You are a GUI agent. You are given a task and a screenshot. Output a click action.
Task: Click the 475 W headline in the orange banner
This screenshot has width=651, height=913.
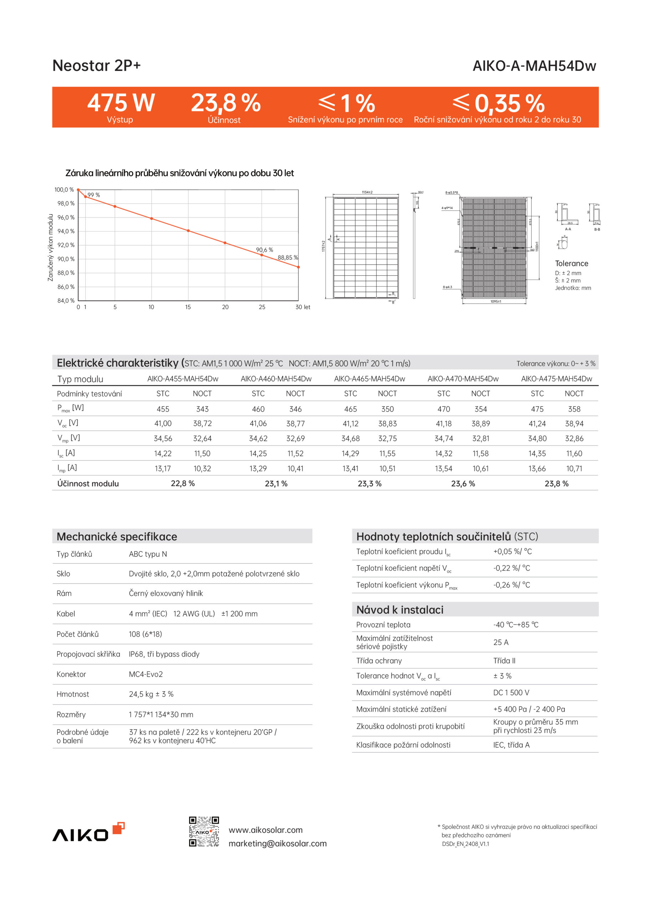click(x=121, y=103)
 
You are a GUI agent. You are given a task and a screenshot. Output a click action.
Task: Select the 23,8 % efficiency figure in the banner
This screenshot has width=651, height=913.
click(x=226, y=103)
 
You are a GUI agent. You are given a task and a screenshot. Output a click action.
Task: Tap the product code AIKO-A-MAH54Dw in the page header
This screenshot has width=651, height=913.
click(x=534, y=66)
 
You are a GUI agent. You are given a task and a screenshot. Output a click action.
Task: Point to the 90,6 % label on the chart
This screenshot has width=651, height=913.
click(x=265, y=250)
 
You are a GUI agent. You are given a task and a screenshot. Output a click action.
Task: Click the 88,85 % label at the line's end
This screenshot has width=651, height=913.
click(x=288, y=257)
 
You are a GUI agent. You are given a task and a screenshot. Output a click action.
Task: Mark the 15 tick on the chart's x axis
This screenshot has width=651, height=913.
click(x=188, y=307)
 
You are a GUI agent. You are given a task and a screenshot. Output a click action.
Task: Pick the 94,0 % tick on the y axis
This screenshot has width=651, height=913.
click(x=66, y=231)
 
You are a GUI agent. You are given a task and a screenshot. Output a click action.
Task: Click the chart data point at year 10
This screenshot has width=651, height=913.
click(x=152, y=218)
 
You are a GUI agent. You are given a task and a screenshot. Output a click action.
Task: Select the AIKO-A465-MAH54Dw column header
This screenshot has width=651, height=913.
click(x=369, y=379)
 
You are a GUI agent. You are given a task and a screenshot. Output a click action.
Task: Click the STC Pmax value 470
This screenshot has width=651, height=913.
click(x=443, y=409)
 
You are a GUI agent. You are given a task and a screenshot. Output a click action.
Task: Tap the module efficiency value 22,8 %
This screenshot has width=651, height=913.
click(x=183, y=483)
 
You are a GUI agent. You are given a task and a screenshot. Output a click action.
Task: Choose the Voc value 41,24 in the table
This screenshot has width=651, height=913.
click(x=537, y=424)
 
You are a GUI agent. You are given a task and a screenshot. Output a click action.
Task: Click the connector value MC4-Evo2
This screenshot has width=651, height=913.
click(x=146, y=674)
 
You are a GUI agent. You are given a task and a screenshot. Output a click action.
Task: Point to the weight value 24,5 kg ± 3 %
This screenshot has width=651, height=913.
click(x=151, y=694)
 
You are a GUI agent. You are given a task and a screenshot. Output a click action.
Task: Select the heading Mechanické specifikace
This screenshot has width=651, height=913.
click(x=117, y=536)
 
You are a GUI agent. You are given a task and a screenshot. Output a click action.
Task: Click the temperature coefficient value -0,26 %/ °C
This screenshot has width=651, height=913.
click(x=512, y=585)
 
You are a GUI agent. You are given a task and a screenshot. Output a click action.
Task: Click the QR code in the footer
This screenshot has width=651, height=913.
click(x=204, y=831)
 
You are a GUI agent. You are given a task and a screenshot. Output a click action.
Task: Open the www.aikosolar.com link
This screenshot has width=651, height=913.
click(x=265, y=830)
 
